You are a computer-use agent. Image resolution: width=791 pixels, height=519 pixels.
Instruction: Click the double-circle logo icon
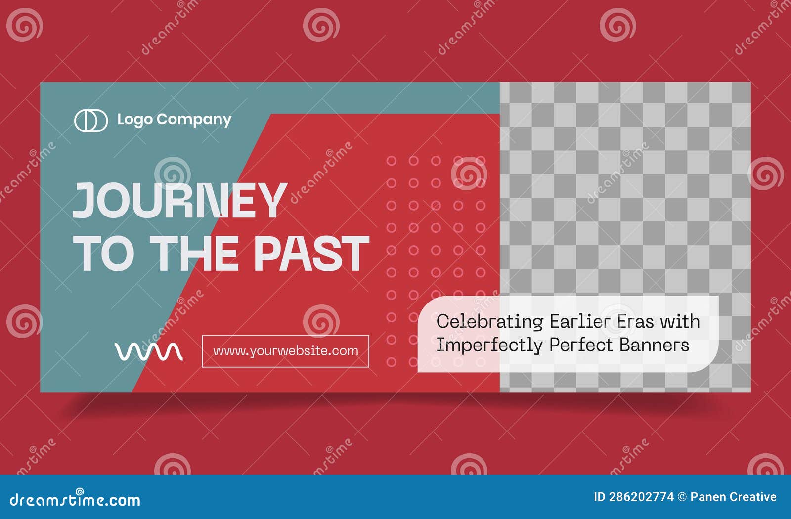pyautogui.click(x=91, y=121)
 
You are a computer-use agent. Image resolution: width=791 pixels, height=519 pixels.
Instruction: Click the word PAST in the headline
pyautogui.click(x=311, y=253)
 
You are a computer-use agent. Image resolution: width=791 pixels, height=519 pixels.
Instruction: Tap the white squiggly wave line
pyautogui.click(x=148, y=351)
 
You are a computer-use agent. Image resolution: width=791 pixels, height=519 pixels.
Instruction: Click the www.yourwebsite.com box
pyautogui.click(x=285, y=351)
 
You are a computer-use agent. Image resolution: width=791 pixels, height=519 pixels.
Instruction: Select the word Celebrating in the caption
pyautogui.click(x=489, y=322)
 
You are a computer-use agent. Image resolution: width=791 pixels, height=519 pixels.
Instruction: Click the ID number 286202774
pyautogui.click(x=641, y=497)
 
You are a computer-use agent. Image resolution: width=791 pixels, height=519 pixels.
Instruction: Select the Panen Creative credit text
pyautogui.click(x=733, y=497)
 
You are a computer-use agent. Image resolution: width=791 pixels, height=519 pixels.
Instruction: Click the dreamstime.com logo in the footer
pyautogui.click(x=75, y=499)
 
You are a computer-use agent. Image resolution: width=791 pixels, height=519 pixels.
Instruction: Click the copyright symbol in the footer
pyautogui.click(x=682, y=497)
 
